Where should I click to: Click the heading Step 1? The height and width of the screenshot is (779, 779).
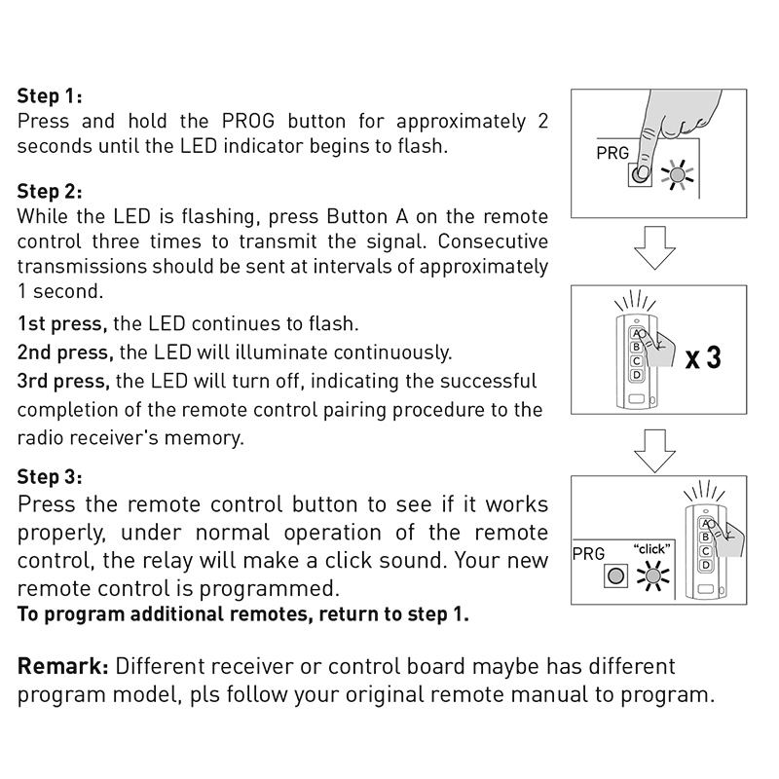[50, 96]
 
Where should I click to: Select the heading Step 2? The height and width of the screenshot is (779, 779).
[50, 192]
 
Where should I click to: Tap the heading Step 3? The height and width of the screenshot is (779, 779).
[50, 478]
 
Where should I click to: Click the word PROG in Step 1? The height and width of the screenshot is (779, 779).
[249, 122]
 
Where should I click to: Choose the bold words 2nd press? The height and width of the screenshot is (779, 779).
[65, 352]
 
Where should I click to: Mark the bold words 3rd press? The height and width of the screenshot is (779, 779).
[64, 380]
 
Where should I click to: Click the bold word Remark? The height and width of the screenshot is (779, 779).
[62, 667]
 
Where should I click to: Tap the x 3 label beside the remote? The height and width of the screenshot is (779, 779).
[703, 357]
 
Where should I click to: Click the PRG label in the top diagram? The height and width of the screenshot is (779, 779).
[613, 155]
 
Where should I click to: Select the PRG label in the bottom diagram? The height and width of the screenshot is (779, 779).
[588, 554]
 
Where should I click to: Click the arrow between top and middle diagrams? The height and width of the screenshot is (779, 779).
[654, 248]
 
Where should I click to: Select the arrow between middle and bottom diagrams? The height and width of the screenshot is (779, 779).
[654, 449]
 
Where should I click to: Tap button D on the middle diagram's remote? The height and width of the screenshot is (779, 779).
[637, 375]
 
